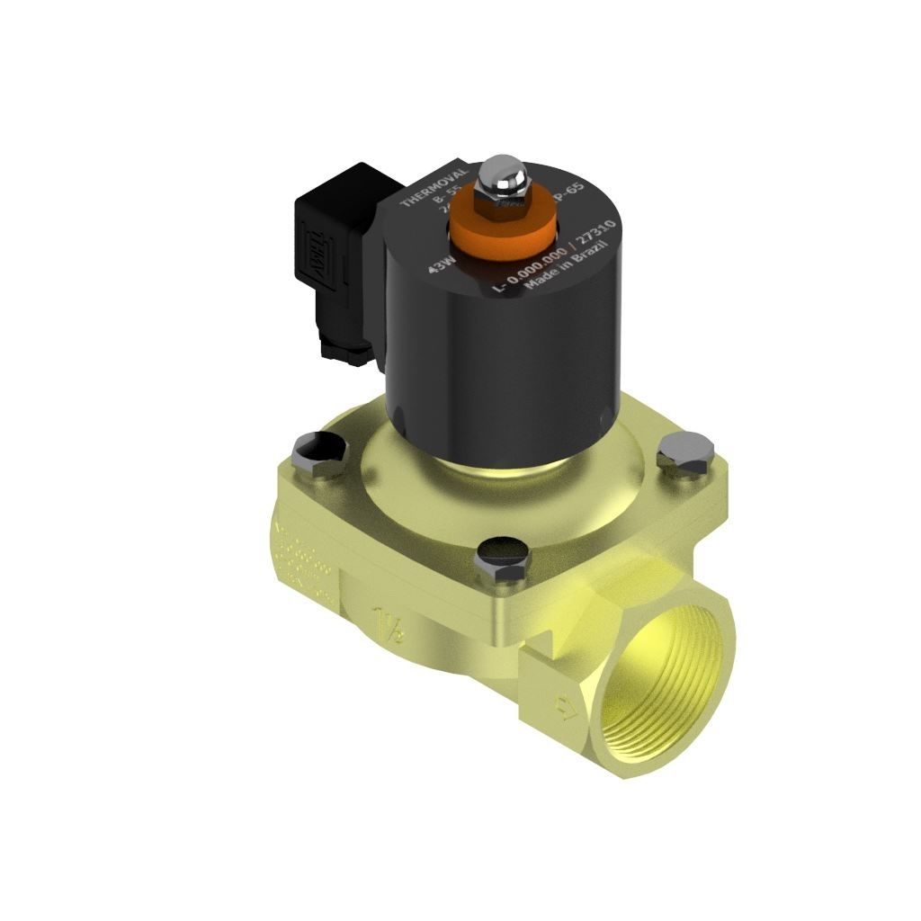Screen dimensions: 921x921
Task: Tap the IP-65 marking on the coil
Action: click(x=569, y=194)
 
